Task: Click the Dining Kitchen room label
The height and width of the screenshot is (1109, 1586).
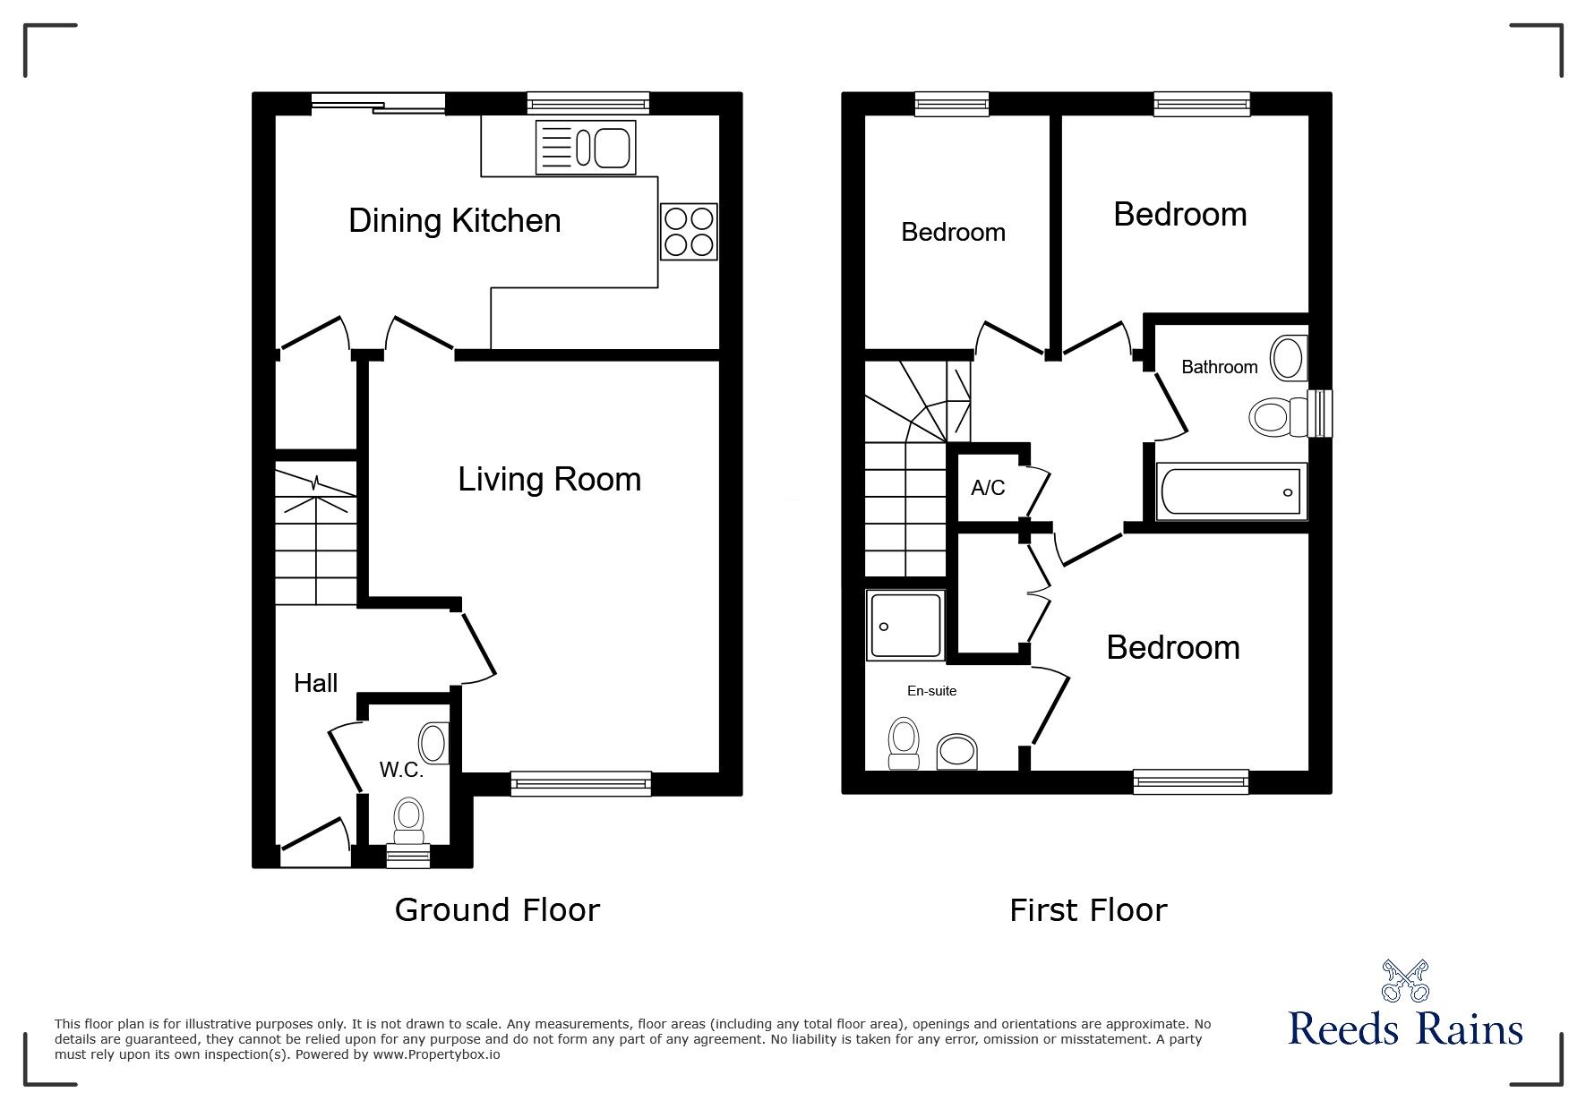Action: [454, 221]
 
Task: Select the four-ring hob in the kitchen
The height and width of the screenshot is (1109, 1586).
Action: [690, 232]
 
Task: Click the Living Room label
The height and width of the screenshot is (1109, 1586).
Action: [549, 480]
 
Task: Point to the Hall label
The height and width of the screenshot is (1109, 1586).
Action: [315, 683]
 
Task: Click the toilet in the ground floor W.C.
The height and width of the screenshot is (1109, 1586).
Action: [409, 822]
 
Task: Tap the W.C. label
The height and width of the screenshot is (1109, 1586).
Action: [400, 770]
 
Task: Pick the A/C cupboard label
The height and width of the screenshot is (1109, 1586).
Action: [988, 488]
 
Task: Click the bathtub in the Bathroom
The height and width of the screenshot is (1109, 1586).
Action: [1231, 490]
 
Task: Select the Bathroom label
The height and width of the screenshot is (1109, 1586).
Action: [1219, 367]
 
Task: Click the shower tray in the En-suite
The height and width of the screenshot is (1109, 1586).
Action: [905, 625]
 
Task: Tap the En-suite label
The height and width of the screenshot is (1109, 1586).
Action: [931, 691]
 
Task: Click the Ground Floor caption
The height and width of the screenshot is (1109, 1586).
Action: [497, 910]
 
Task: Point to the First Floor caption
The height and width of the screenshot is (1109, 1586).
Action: [1088, 910]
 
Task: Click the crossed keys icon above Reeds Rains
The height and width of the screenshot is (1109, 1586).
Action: [1405, 981]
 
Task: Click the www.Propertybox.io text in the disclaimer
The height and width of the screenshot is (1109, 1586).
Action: [436, 1054]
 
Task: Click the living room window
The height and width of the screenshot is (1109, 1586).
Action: [581, 784]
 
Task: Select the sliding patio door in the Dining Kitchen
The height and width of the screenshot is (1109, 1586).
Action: [378, 104]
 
